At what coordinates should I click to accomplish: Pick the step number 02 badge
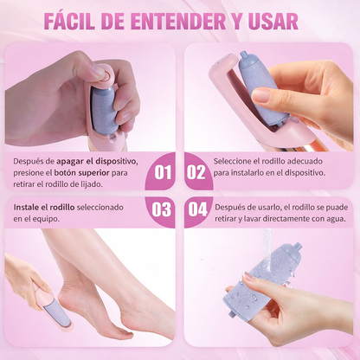[197, 171]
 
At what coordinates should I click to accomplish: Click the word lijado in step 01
[116, 184]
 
